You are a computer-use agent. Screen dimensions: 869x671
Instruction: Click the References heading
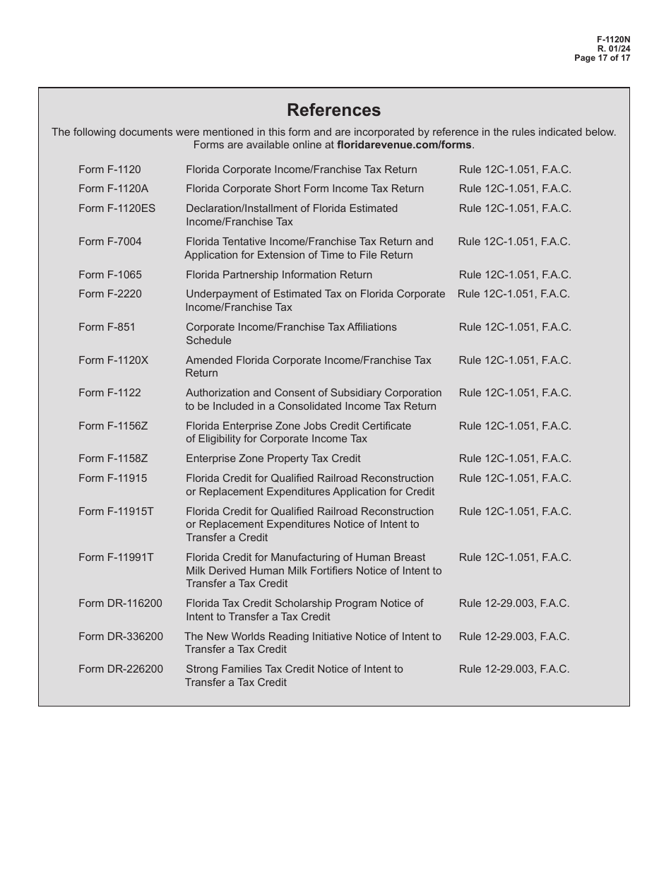(333, 110)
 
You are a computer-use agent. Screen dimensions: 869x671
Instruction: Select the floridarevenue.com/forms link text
(404, 145)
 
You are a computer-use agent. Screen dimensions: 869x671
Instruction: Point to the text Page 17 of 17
(602, 58)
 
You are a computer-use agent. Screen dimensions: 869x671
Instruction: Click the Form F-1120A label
(113, 189)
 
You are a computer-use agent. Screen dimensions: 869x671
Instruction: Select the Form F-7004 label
(109, 242)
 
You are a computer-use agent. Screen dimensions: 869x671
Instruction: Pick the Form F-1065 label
(109, 275)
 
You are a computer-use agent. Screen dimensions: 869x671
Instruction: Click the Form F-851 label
(107, 327)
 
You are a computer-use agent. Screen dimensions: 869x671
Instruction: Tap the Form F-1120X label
(113, 360)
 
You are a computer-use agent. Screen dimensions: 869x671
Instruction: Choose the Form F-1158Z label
(113, 459)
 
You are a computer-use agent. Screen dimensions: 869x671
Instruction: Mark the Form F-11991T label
(116, 557)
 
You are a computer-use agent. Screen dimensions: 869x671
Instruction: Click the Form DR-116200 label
(120, 603)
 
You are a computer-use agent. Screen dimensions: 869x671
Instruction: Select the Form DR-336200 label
(120, 637)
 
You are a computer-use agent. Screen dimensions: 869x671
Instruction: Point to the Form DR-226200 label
(120, 669)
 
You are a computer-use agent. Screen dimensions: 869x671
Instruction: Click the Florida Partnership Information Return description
(278, 275)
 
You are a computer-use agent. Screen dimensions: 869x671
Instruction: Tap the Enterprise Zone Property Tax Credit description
(273, 459)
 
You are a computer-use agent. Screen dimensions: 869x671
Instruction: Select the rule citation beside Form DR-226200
(513, 669)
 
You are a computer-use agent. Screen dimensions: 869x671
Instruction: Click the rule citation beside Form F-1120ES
(514, 208)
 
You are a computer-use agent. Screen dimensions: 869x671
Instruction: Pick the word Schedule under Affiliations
(208, 341)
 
